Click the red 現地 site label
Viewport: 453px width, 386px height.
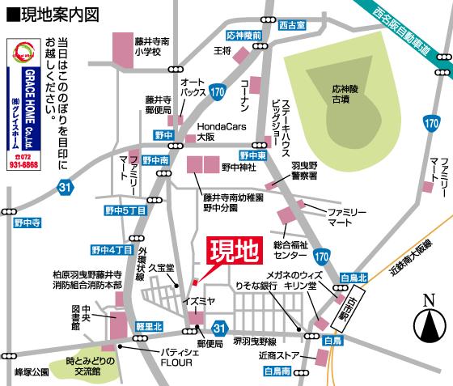233,252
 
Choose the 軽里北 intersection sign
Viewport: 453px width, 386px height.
149,326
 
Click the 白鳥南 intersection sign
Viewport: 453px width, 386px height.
280,372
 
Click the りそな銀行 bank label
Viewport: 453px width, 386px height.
256,286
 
